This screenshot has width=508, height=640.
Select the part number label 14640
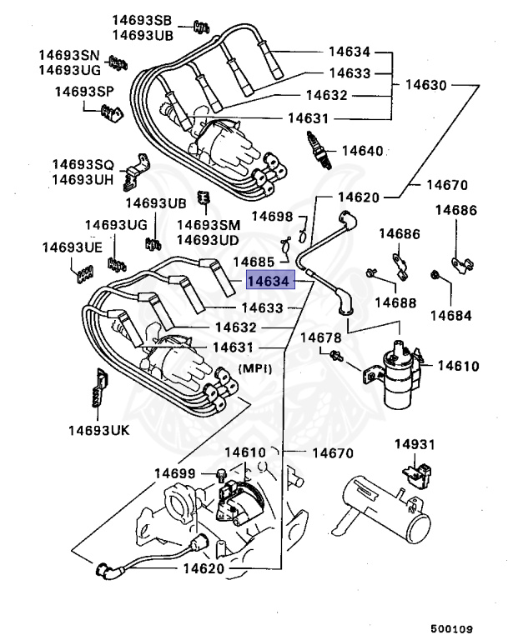click(363, 151)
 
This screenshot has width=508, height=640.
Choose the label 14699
click(174, 473)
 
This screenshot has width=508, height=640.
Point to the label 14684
click(450, 316)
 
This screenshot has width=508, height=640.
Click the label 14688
click(395, 302)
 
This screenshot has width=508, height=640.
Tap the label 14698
click(273, 217)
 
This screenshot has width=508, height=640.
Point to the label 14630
click(425, 85)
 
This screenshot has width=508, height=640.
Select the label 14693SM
click(209, 226)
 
